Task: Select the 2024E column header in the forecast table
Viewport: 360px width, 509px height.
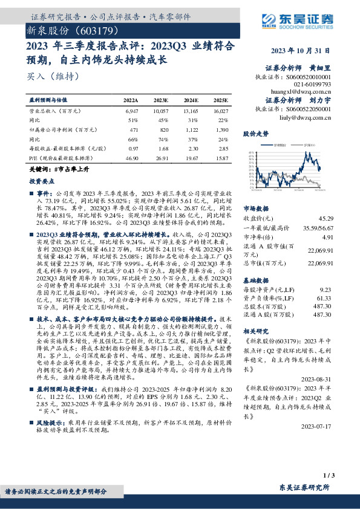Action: coord(191,100)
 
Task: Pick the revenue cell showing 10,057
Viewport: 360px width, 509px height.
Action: coord(160,112)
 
